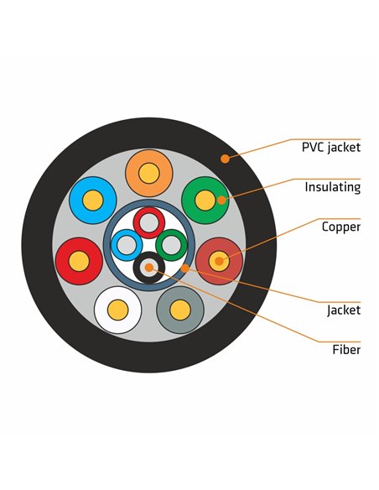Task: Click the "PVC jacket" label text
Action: (x=331, y=147)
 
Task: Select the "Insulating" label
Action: (x=333, y=187)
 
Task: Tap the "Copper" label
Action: (x=341, y=227)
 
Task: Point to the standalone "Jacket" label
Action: (x=344, y=310)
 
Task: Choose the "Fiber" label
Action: (x=346, y=349)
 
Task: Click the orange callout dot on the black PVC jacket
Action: (x=225, y=159)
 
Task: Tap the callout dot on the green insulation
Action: (x=221, y=201)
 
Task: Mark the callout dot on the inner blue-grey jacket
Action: (x=185, y=268)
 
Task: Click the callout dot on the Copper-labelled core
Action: (x=220, y=261)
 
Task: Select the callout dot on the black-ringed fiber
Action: (x=149, y=268)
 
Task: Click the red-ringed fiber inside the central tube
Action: (x=149, y=223)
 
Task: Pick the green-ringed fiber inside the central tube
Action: (x=171, y=245)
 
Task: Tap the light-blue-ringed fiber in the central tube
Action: (x=127, y=245)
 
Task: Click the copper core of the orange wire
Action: (x=149, y=173)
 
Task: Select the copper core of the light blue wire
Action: (x=93, y=201)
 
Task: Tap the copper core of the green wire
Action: (x=205, y=201)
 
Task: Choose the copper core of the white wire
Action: (x=117, y=310)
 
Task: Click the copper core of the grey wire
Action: (x=180, y=310)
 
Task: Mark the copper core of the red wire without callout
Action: (x=79, y=261)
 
